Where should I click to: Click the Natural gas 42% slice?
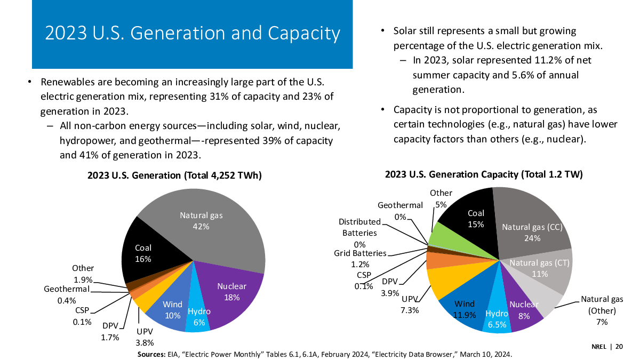(x=213, y=229)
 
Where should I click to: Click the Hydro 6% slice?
(x=198, y=317)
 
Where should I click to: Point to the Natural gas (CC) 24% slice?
(x=531, y=224)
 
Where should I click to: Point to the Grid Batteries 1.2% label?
(x=360, y=258)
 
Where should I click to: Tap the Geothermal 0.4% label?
(x=66, y=294)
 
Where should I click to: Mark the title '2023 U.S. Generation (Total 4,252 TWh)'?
(x=175, y=175)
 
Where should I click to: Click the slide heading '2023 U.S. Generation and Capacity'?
(x=192, y=33)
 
